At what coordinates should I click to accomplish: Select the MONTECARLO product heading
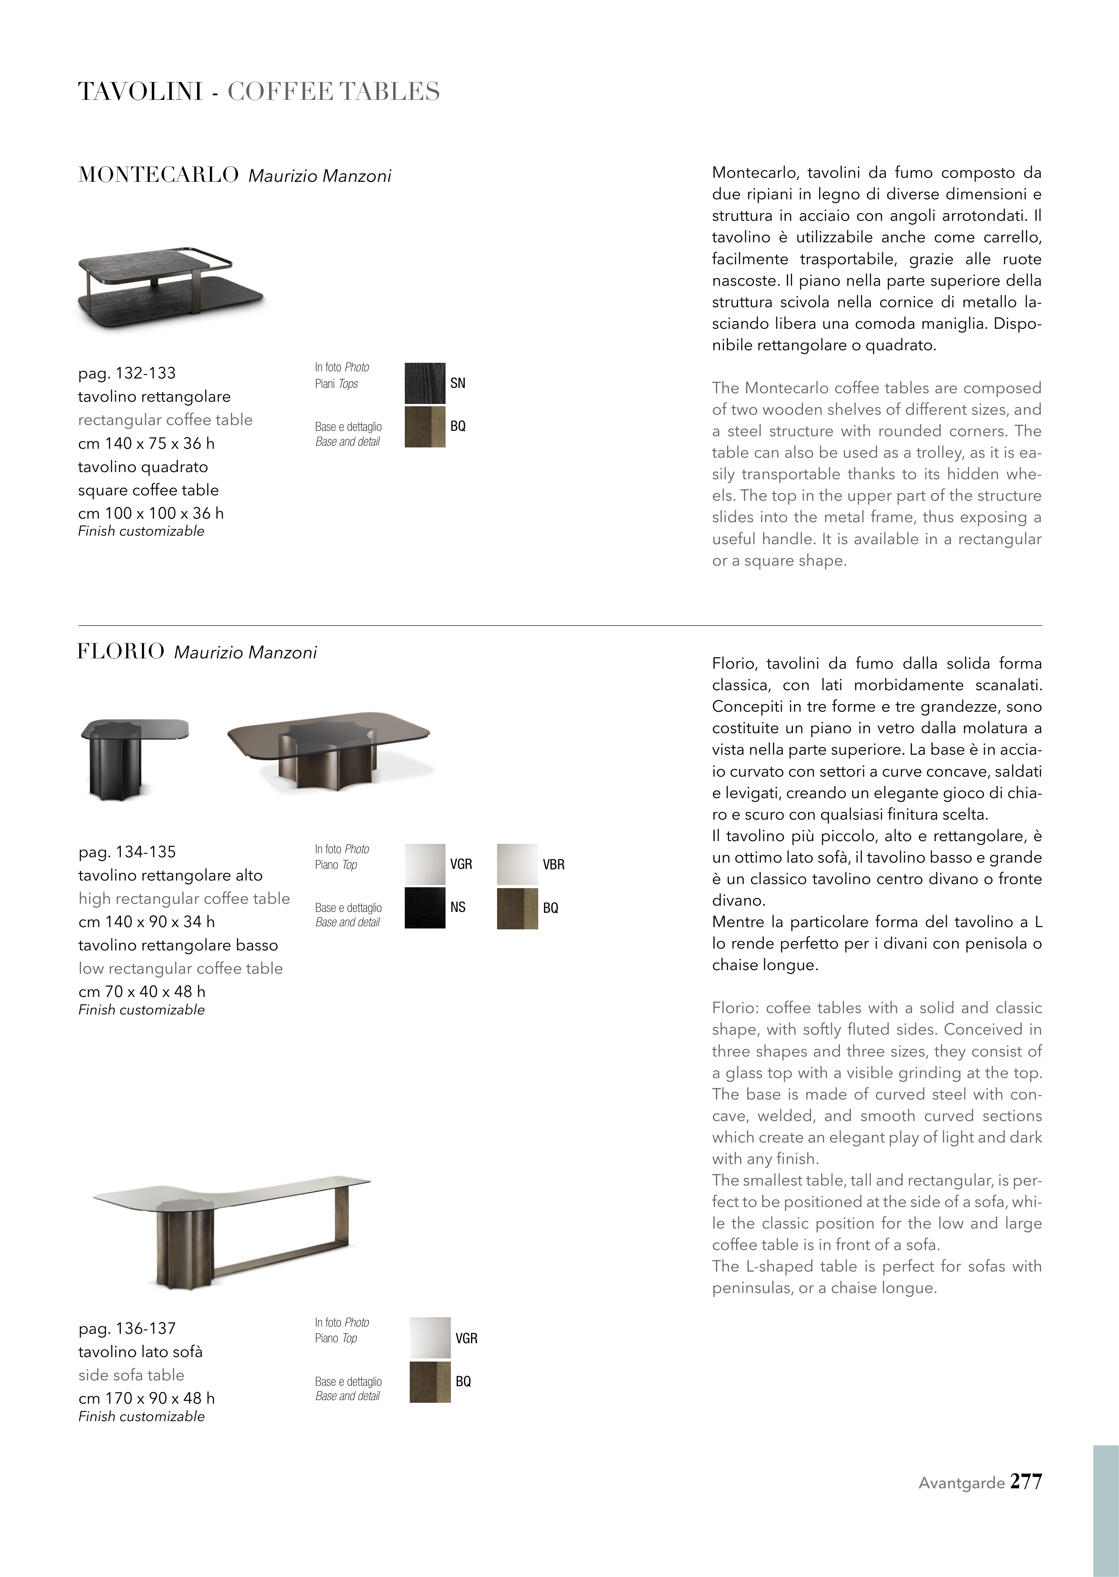159,175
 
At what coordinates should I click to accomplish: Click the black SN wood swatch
424,383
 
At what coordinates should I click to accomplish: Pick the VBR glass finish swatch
517,864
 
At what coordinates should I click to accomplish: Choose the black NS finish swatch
424,908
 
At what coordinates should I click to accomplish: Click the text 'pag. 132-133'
127,374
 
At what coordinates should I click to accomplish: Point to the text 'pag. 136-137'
127,1328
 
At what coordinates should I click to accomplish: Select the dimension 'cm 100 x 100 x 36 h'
151,513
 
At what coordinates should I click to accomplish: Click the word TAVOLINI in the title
140,92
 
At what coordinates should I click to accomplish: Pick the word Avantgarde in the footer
961,1483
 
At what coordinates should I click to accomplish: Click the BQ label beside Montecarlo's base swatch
458,426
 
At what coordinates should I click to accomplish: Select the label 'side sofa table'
131,1375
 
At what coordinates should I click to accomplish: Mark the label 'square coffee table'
148,490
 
